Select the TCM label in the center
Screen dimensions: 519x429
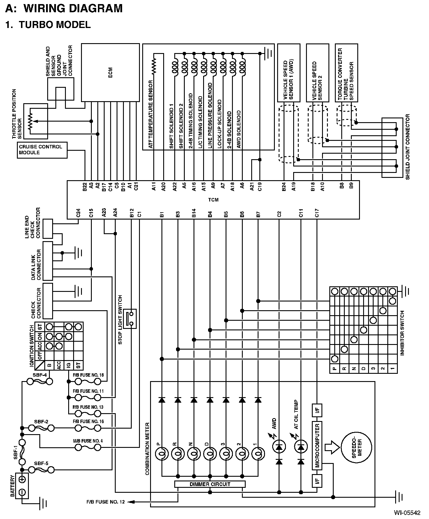pyautogui.click(x=213, y=200)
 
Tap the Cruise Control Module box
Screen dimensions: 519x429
pyautogui.click(x=42, y=150)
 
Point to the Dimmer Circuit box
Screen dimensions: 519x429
pyautogui.click(x=210, y=484)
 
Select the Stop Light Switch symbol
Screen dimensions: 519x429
pyautogui.click(x=130, y=319)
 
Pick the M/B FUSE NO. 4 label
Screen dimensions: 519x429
pyautogui.click(x=88, y=441)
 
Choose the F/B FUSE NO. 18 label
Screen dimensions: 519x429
pyautogui.click(x=88, y=375)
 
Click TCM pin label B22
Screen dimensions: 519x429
pyautogui.click(x=85, y=187)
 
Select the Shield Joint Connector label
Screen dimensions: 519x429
pyautogui.click(x=407, y=147)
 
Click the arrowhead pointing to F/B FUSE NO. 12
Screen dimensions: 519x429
pyautogui.click(x=131, y=502)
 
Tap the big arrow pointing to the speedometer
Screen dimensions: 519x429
pyautogui.click(x=332, y=447)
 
